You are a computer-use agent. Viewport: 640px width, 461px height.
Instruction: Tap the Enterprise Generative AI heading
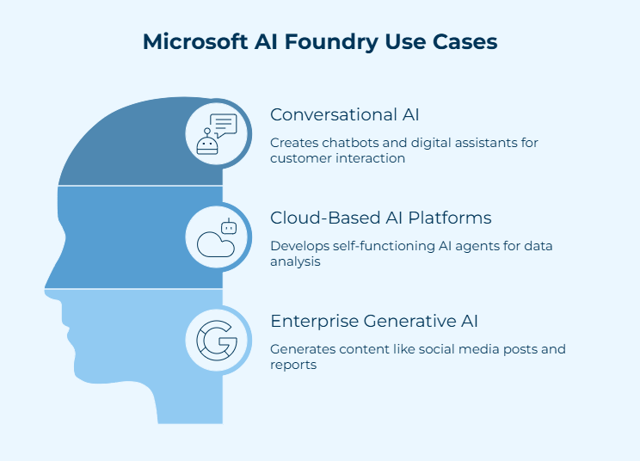[374, 322]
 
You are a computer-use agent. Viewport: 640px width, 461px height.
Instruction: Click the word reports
[293, 365]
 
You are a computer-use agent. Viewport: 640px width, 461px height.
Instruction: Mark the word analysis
[295, 261]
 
